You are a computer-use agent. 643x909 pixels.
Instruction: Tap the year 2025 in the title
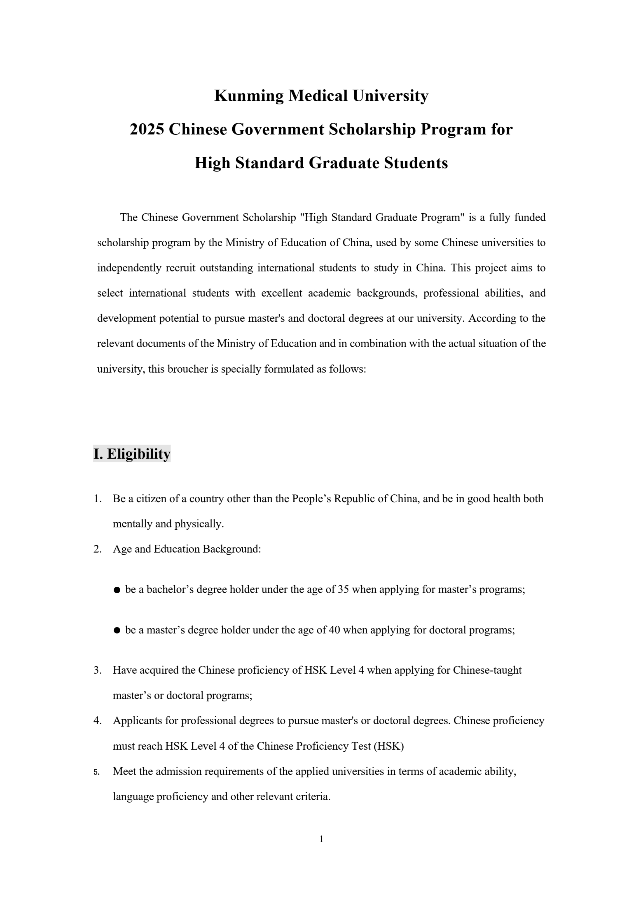pyautogui.click(x=147, y=130)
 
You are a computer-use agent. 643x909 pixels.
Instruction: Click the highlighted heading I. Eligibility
pyautogui.click(x=132, y=454)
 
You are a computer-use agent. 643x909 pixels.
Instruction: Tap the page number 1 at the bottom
pyautogui.click(x=321, y=839)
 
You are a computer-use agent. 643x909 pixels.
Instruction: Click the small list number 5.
pyautogui.click(x=96, y=772)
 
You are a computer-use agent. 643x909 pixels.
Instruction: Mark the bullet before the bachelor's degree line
pyautogui.click(x=117, y=590)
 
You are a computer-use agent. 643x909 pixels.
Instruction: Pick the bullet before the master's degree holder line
pyautogui.click(x=117, y=631)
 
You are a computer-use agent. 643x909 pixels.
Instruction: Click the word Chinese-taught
pyautogui.click(x=487, y=670)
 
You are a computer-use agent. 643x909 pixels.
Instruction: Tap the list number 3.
pyautogui.click(x=97, y=670)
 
